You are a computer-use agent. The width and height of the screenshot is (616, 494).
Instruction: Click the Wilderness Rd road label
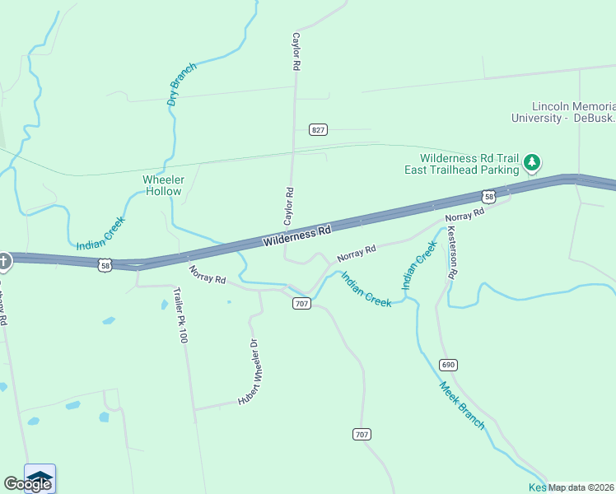297,235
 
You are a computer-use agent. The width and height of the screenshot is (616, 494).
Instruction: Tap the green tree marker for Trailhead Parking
533,163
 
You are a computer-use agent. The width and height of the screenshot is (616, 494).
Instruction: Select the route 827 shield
319,130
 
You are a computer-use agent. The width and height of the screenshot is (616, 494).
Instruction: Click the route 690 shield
448,365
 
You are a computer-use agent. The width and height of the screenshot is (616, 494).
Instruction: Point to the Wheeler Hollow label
164,185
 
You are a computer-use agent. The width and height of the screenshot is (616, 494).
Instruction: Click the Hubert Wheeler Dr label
249,372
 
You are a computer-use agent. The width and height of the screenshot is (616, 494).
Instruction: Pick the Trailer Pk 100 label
180,315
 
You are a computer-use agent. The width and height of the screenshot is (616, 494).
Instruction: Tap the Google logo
27,484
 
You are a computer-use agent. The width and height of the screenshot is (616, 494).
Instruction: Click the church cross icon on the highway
4,262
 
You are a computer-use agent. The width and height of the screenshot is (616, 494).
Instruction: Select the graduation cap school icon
40,476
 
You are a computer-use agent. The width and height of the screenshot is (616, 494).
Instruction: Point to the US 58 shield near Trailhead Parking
489,197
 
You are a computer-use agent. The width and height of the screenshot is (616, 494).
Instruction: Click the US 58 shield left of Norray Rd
104,265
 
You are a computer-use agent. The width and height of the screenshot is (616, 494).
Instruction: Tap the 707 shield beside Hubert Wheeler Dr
301,304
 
